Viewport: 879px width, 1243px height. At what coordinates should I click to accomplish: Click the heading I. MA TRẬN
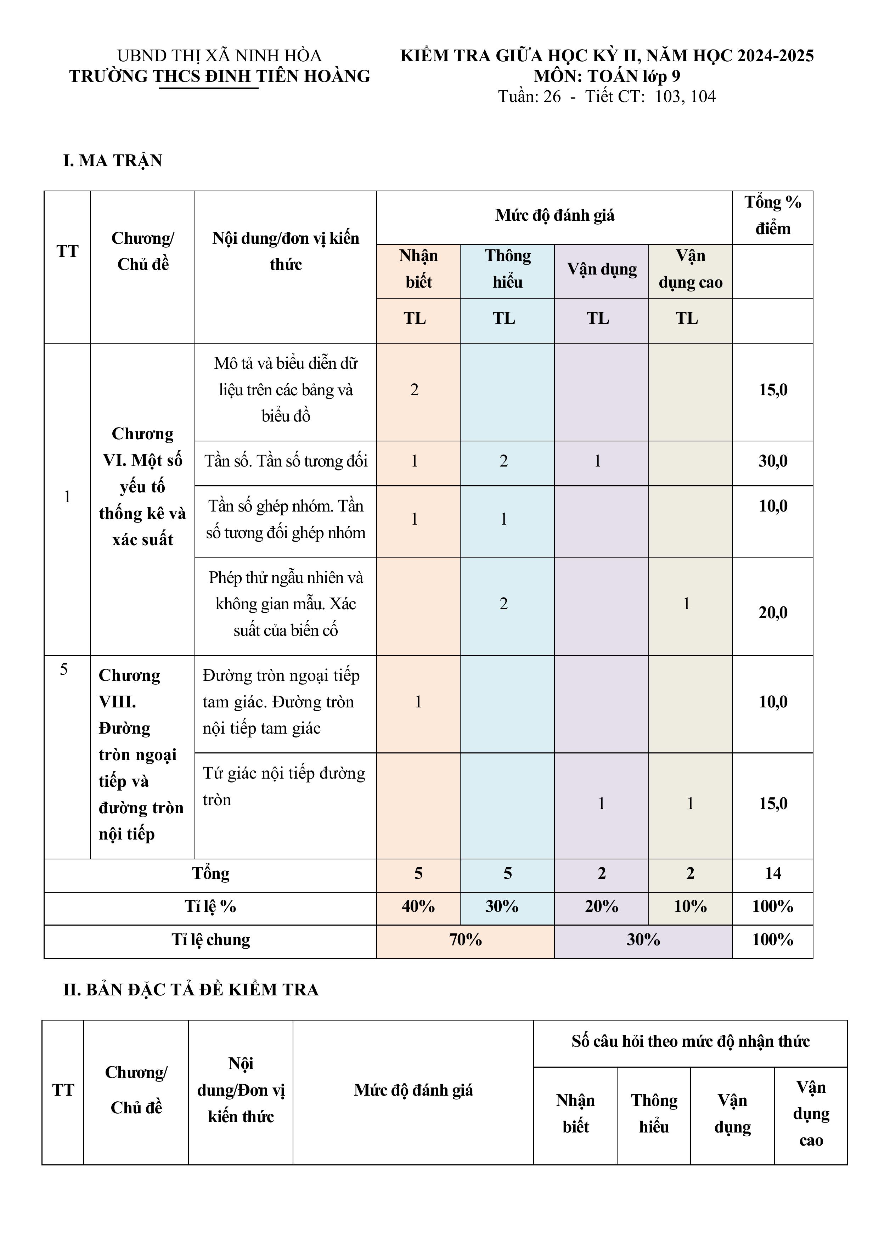113,161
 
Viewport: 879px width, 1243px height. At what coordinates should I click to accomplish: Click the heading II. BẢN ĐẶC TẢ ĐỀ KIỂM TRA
191,990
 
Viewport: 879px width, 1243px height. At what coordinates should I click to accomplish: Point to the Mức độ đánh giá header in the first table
554,215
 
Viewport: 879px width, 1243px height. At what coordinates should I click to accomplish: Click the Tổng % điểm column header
772,215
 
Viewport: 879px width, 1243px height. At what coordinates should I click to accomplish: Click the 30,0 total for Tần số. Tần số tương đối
772,461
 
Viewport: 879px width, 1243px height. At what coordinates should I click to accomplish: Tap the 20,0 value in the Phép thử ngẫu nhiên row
772,613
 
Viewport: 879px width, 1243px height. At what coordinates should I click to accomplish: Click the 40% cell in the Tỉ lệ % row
418,906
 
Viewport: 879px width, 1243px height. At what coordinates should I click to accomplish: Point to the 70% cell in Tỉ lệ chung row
465,939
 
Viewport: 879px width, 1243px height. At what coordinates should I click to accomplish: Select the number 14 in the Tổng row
772,873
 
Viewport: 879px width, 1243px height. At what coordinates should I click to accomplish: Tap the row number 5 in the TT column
64,670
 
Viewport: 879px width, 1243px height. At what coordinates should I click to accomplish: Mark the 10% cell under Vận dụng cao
690,906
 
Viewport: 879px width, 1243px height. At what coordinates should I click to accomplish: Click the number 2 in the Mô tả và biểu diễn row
414,390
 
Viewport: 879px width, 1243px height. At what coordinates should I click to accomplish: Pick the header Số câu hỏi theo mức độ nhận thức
690,1041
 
